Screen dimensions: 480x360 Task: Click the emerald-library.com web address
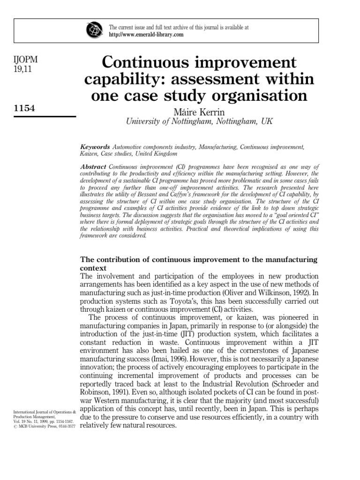click(146, 35)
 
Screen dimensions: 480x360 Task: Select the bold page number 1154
click(26, 108)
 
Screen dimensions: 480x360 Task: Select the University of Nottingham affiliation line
click(199, 121)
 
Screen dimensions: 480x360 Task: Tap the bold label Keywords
click(95, 147)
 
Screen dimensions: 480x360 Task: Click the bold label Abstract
click(94, 166)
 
